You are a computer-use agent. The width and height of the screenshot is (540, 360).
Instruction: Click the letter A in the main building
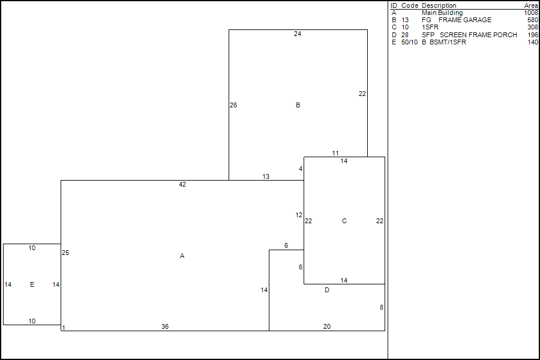coord(182,256)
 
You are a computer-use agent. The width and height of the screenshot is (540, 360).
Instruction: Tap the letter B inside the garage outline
coord(298,106)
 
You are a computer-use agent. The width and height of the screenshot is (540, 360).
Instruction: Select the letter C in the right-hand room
coord(344,221)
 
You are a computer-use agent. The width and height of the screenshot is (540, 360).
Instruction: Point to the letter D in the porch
coord(327,290)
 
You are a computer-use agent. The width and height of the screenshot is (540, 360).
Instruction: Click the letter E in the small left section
coord(32,284)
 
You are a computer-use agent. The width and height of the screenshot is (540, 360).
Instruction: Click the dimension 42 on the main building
coord(182,185)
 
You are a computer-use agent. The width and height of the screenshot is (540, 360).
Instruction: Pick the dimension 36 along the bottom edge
coord(165,326)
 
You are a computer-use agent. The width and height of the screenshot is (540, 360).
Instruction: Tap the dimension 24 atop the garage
coord(298,34)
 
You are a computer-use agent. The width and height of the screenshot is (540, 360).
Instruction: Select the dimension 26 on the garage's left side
coord(233,106)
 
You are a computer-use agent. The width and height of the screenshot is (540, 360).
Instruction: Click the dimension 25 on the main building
coord(65,253)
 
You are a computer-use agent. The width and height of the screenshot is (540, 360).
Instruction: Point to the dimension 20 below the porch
coord(327,326)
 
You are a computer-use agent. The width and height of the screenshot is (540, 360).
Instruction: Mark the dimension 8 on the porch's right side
coord(382,308)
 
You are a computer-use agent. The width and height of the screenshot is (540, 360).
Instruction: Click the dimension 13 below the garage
coord(266,177)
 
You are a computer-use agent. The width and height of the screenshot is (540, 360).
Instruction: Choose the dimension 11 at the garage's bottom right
coord(335,154)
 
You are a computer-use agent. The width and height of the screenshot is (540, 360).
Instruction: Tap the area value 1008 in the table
coord(531,13)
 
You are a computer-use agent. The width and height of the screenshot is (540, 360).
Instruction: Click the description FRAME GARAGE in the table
coord(465,20)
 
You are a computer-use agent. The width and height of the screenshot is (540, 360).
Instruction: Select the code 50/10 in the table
coord(409,42)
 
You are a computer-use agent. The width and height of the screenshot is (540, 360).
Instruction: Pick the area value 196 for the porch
coord(533,35)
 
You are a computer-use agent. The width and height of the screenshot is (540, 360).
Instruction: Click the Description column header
coord(439,5)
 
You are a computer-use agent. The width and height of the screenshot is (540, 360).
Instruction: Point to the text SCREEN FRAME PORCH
coord(478,35)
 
